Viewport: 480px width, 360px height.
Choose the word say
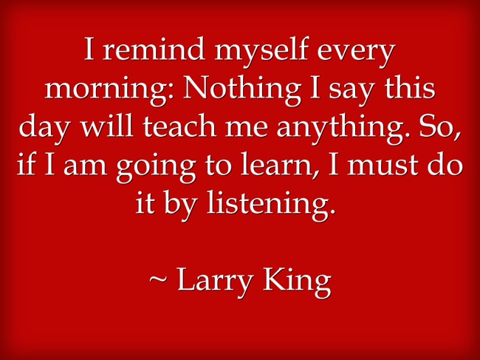(351, 94)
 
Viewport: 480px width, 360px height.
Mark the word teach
(180, 126)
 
